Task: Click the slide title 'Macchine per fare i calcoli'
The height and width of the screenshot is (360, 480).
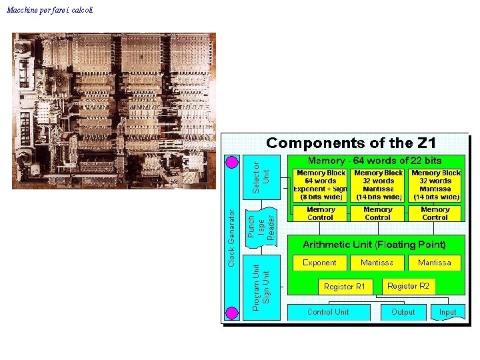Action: point(50,10)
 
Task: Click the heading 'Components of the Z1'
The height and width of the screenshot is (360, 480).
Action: point(351,143)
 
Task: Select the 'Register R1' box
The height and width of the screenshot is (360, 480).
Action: point(345,287)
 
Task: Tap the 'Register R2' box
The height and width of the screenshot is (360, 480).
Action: point(409,286)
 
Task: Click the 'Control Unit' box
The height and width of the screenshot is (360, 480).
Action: point(328,312)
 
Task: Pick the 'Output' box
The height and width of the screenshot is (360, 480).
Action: point(403,312)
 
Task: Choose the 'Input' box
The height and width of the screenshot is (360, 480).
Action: point(447,312)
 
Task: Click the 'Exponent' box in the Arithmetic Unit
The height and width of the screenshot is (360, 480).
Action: point(320,263)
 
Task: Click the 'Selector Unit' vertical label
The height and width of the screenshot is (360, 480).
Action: point(261,176)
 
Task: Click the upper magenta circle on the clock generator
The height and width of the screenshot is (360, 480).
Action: point(232,162)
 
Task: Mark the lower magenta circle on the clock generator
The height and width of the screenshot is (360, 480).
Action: point(232,313)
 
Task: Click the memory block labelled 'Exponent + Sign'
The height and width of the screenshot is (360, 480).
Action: point(321,185)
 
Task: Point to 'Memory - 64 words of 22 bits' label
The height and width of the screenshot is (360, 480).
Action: point(375,161)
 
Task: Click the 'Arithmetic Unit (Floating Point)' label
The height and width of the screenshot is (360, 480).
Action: point(375,245)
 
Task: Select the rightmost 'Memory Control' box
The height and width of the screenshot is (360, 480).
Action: point(435,213)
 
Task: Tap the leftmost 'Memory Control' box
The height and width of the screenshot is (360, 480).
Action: point(321,213)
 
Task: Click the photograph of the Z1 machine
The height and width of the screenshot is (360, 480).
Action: point(114,111)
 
